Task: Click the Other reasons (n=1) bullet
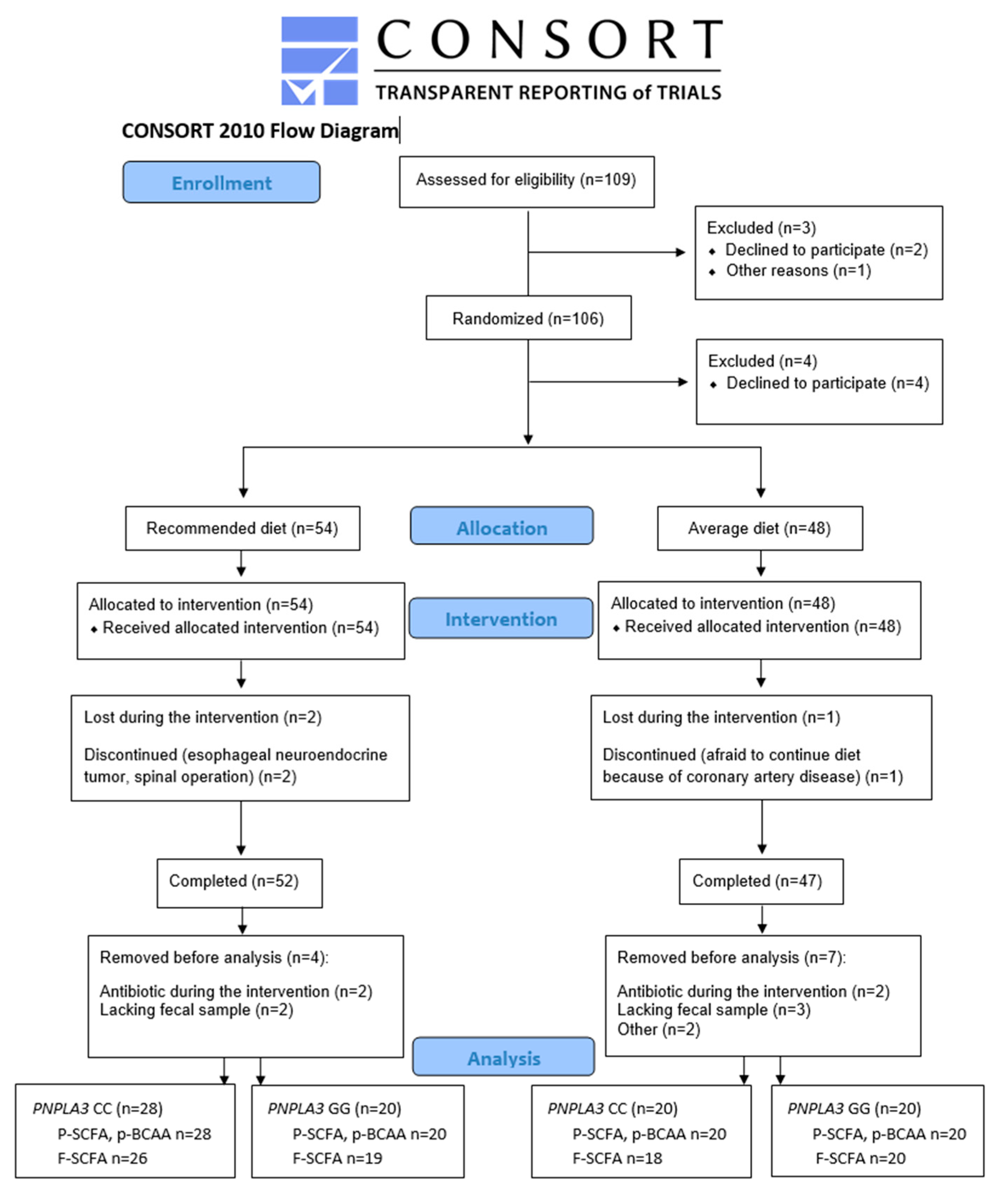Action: (798, 270)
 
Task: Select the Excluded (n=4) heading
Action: (762, 361)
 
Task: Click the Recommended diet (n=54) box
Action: (242, 528)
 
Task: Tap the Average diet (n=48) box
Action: (759, 528)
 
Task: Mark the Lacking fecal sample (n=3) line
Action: (713, 1010)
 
